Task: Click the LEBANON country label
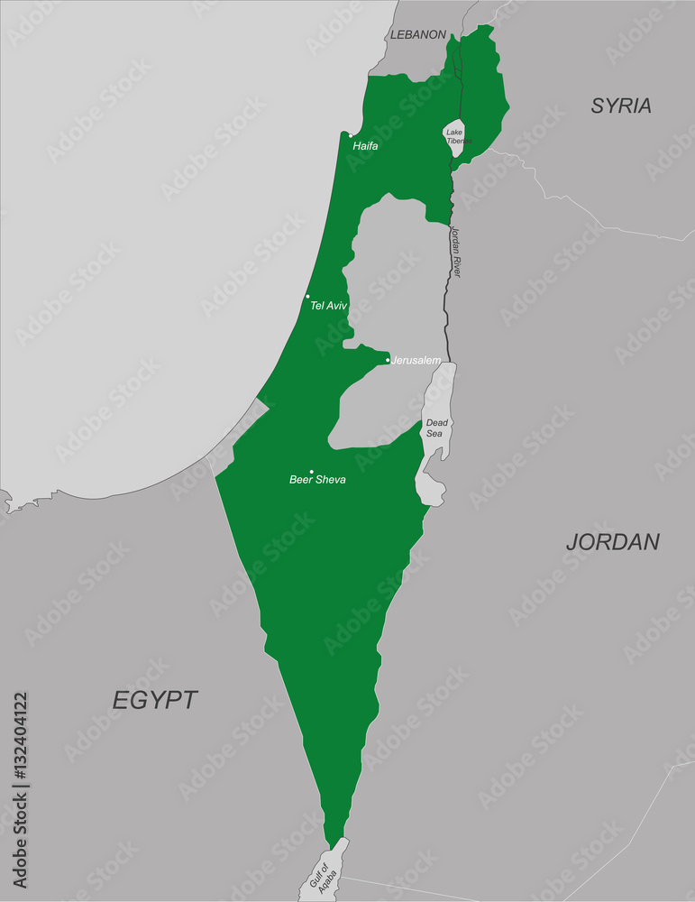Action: (417, 34)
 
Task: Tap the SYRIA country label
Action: (621, 106)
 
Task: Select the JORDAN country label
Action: (613, 541)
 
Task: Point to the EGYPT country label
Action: (155, 700)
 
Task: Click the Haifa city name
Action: (365, 145)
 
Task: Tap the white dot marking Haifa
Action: (351, 135)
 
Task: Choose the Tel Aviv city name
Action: (328, 306)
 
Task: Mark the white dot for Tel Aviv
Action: (307, 296)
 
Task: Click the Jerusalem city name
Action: (416, 360)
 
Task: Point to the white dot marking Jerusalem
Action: (389, 361)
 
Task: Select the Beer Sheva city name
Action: (317, 479)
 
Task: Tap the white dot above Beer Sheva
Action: (312, 471)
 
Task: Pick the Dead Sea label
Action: (436, 428)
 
